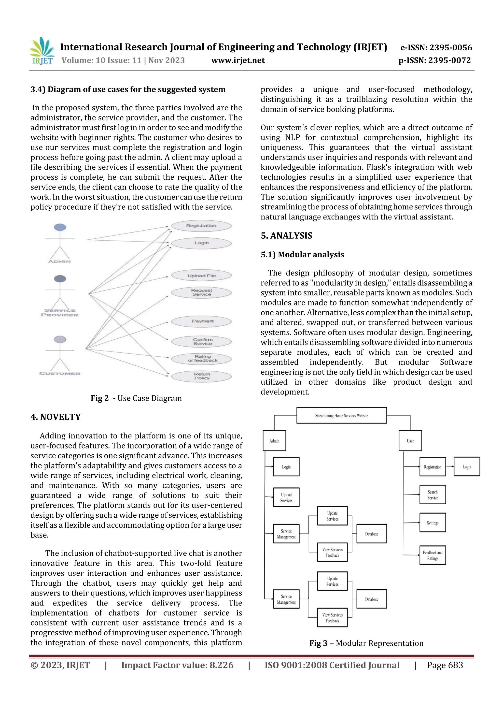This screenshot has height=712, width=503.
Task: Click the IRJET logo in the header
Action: pos(42,51)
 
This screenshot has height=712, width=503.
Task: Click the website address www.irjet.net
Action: pos(238,60)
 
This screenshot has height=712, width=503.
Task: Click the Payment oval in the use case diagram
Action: pos(202,321)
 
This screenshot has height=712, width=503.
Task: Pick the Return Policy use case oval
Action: pos(202,376)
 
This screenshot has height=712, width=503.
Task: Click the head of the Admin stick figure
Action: pos(60,227)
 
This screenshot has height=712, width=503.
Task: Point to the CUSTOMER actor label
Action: pos(60,373)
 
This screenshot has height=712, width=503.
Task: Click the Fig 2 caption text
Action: pos(136,398)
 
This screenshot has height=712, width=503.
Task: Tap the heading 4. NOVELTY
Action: pos(56,417)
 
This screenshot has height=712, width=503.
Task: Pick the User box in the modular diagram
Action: pos(410,441)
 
